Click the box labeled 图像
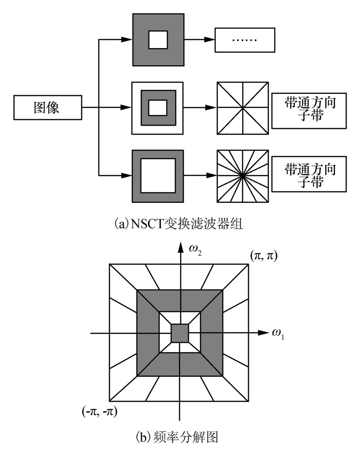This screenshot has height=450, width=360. coord(47,108)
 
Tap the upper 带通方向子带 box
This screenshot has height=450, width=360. coord(309,110)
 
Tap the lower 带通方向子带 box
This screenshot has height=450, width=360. coord(309,173)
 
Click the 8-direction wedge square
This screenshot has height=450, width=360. coord(243,108)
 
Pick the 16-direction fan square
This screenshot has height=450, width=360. coord(243,174)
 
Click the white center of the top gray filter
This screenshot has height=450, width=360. coord(158,39)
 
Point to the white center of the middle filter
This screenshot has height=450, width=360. coord(157,108)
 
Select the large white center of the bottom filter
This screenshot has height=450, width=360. coord(157,175)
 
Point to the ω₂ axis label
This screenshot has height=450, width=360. coord(197,250)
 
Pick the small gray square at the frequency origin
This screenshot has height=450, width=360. coord(180,333)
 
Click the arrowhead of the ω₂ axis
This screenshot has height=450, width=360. coord(180,247)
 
